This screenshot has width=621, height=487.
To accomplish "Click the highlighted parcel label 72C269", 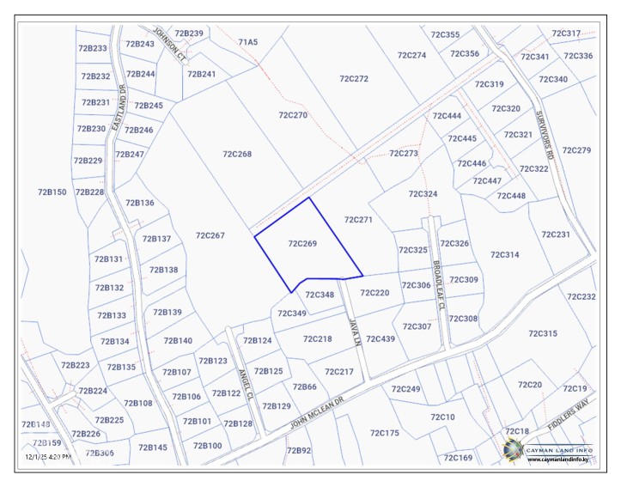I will click(302, 244).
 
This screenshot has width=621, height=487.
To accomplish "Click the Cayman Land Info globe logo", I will click(512, 448).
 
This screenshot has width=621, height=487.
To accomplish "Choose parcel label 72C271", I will click(357, 220).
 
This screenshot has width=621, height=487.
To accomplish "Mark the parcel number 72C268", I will click(237, 154).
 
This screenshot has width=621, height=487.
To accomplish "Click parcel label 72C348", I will click(320, 295).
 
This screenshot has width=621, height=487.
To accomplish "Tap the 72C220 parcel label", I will click(374, 293).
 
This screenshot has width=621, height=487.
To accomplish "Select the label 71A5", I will click(247, 41).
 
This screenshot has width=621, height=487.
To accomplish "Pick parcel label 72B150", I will click(52, 192).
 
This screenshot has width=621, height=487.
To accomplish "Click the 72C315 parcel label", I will click(543, 333).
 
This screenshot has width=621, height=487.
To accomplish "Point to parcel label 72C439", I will click(381, 338).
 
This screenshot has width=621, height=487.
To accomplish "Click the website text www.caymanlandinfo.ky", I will click(557, 460).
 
